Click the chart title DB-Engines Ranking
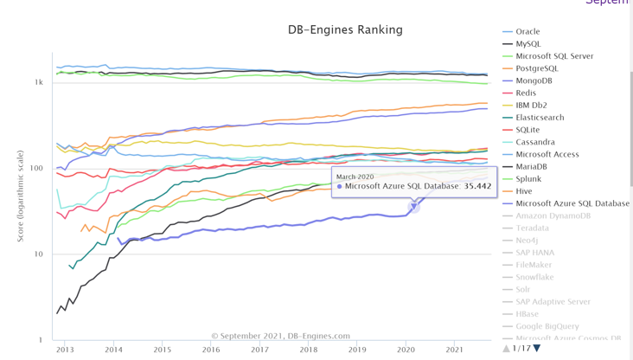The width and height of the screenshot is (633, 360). pos(345,29)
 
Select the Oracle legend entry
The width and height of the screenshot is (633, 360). pos(527,31)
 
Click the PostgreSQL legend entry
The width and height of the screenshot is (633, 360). pos(536,68)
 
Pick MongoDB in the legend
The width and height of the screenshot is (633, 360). pos(534,80)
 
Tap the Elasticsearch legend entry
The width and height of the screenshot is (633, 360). pos(540,118)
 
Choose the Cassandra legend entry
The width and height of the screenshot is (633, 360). pos(534,142)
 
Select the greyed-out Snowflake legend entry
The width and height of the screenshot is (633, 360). pos(534,277)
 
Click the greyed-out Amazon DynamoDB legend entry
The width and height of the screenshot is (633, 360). pos(553,215)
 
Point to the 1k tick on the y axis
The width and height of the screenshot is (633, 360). pos(39,82)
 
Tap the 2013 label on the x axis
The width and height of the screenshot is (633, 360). pos(65,350)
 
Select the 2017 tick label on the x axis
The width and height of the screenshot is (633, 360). pos(259,350)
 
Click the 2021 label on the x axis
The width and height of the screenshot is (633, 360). pos(454,350)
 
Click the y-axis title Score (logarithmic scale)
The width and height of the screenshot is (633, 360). pos(21,194)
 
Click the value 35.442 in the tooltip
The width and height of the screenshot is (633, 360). pos(477,186)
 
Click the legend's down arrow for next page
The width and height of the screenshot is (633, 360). pos(536,348)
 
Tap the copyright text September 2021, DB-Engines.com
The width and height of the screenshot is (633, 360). pos(281,336)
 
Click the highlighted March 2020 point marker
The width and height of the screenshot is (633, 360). pos(414,206)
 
